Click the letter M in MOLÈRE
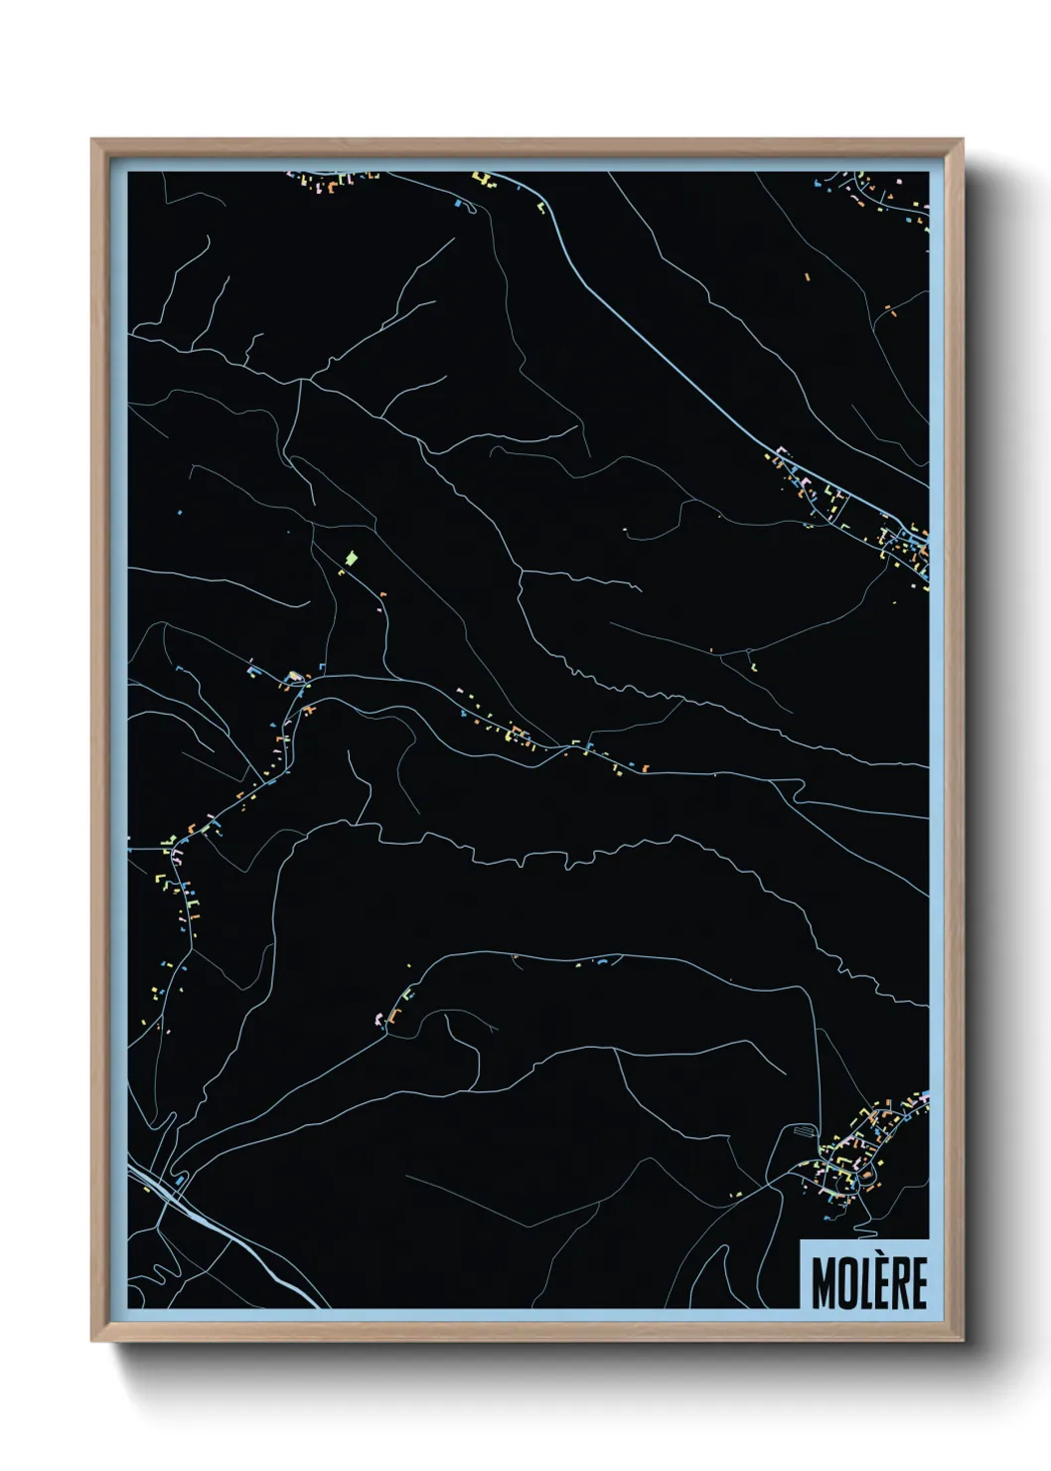[823, 1283]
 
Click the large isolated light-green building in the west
[350, 559]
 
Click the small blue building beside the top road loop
[457, 203]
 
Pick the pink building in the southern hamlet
[376, 1019]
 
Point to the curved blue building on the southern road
[602, 961]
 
